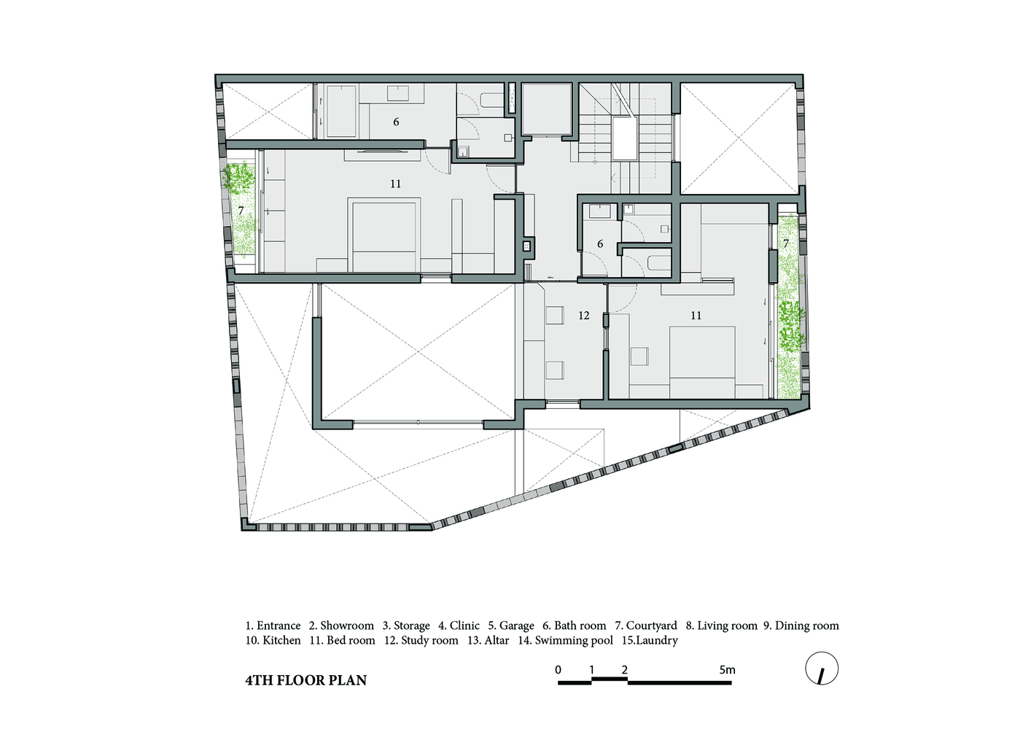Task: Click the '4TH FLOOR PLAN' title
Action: [306, 680]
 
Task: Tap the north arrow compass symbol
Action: [822, 668]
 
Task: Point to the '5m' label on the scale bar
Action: [727, 670]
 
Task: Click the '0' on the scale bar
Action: [558, 670]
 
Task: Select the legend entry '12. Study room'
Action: [421, 640]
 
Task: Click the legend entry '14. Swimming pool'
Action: [566, 640]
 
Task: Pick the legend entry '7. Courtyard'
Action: [646, 625]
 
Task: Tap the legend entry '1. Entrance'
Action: [273, 625]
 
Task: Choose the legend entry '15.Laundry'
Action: [650, 640]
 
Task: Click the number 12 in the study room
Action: [583, 316]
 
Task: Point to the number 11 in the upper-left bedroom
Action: [395, 184]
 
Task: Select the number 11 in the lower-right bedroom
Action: [696, 316]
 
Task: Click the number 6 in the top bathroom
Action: [396, 122]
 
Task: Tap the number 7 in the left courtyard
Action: [241, 211]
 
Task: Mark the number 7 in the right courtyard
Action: [786, 243]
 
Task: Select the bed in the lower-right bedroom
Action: [702, 362]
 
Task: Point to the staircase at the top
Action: [625, 138]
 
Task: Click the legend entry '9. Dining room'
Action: [801, 625]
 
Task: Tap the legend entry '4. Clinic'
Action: [459, 625]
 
